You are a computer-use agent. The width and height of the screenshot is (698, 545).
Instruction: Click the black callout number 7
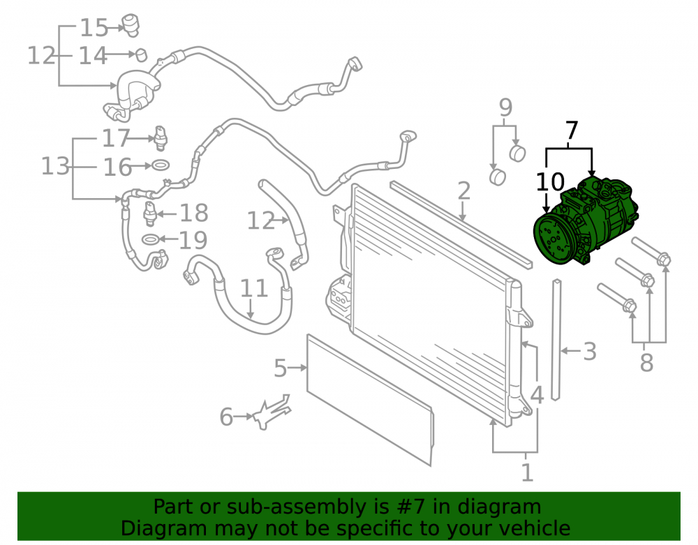click(x=571, y=130)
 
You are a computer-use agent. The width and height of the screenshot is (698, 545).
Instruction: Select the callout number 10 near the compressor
click(x=550, y=182)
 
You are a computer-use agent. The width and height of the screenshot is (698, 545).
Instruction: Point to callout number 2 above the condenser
click(x=463, y=191)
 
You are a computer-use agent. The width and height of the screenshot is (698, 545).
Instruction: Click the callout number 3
click(x=589, y=352)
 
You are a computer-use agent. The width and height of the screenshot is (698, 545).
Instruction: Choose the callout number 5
click(x=280, y=368)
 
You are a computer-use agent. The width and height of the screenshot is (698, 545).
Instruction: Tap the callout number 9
click(x=505, y=107)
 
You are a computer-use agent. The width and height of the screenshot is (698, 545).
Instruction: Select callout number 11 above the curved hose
click(x=254, y=288)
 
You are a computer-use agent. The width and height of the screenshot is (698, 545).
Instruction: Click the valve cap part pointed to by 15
click(x=131, y=24)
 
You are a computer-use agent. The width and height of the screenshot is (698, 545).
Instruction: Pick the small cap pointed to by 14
click(x=141, y=54)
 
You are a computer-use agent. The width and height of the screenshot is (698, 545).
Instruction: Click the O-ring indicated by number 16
click(x=161, y=165)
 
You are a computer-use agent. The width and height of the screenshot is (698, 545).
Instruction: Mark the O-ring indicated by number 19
click(x=151, y=239)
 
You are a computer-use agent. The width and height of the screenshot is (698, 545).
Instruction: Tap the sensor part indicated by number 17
click(x=161, y=138)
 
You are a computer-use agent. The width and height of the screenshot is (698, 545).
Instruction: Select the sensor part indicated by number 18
click(x=150, y=214)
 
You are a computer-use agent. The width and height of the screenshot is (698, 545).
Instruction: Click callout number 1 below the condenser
click(x=527, y=472)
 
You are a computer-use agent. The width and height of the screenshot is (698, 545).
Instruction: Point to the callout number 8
click(x=646, y=363)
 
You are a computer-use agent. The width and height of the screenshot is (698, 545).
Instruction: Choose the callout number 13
click(x=56, y=166)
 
